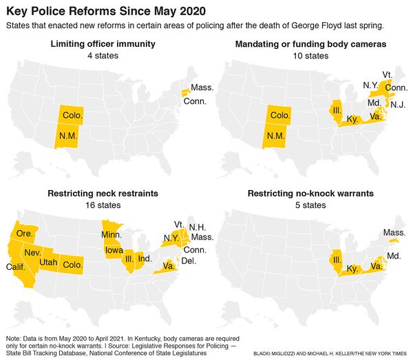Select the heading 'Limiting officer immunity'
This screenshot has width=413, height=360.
click(x=103, y=44)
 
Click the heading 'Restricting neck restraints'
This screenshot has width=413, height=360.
click(x=103, y=193)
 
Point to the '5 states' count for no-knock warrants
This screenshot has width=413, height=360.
click(x=309, y=204)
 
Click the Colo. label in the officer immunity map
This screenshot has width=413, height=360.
click(x=72, y=114)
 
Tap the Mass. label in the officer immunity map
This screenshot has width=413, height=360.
click(x=202, y=88)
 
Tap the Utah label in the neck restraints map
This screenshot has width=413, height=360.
click(x=48, y=262)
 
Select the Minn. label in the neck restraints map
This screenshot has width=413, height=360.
click(x=113, y=235)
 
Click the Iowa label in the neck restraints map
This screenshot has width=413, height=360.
click(x=115, y=251)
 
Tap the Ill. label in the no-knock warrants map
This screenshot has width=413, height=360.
click(x=337, y=260)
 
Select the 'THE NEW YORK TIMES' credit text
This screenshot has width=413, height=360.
click(x=376, y=352)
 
